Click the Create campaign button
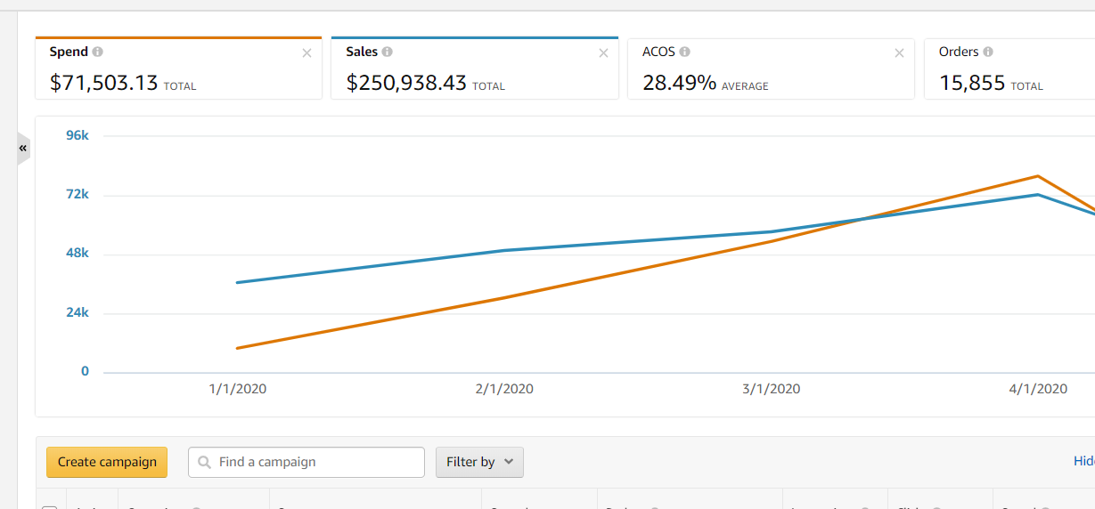(x=107, y=462)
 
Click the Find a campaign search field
(x=306, y=462)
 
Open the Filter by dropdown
(x=479, y=462)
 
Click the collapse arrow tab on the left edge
(x=23, y=148)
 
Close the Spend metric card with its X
(x=307, y=53)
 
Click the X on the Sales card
(x=603, y=53)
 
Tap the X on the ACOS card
(x=899, y=53)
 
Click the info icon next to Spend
(x=98, y=53)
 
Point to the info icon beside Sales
(x=387, y=53)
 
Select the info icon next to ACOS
(x=684, y=53)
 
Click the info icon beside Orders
(x=988, y=53)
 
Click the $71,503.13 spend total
(x=104, y=84)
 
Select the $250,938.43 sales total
(x=406, y=84)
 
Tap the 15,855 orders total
(x=972, y=84)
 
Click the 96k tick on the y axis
(x=78, y=135)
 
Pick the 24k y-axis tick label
(x=78, y=312)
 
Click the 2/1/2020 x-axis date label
(x=504, y=389)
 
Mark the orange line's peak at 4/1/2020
(x=1038, y=176)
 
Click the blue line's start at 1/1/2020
(x=238, y=283)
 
